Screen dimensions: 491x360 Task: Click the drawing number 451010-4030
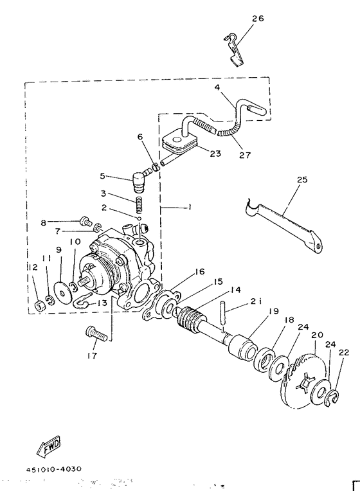[54, 469]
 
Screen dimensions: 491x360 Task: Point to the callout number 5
[102, 175]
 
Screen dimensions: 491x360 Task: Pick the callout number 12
[33, 267]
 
